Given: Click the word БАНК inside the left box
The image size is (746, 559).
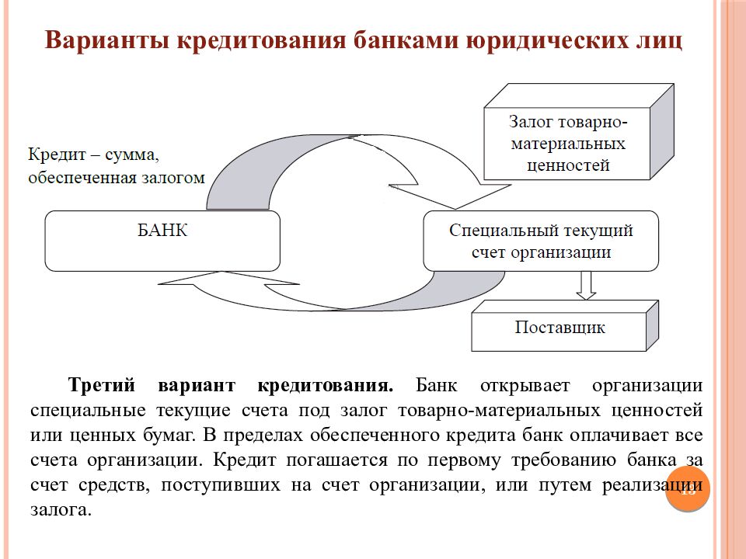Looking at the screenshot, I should click(x=162, y=231).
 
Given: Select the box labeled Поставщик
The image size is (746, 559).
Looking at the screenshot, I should click(x=559, y=327).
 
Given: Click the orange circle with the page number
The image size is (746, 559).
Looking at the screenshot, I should click(x=688, y=489).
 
